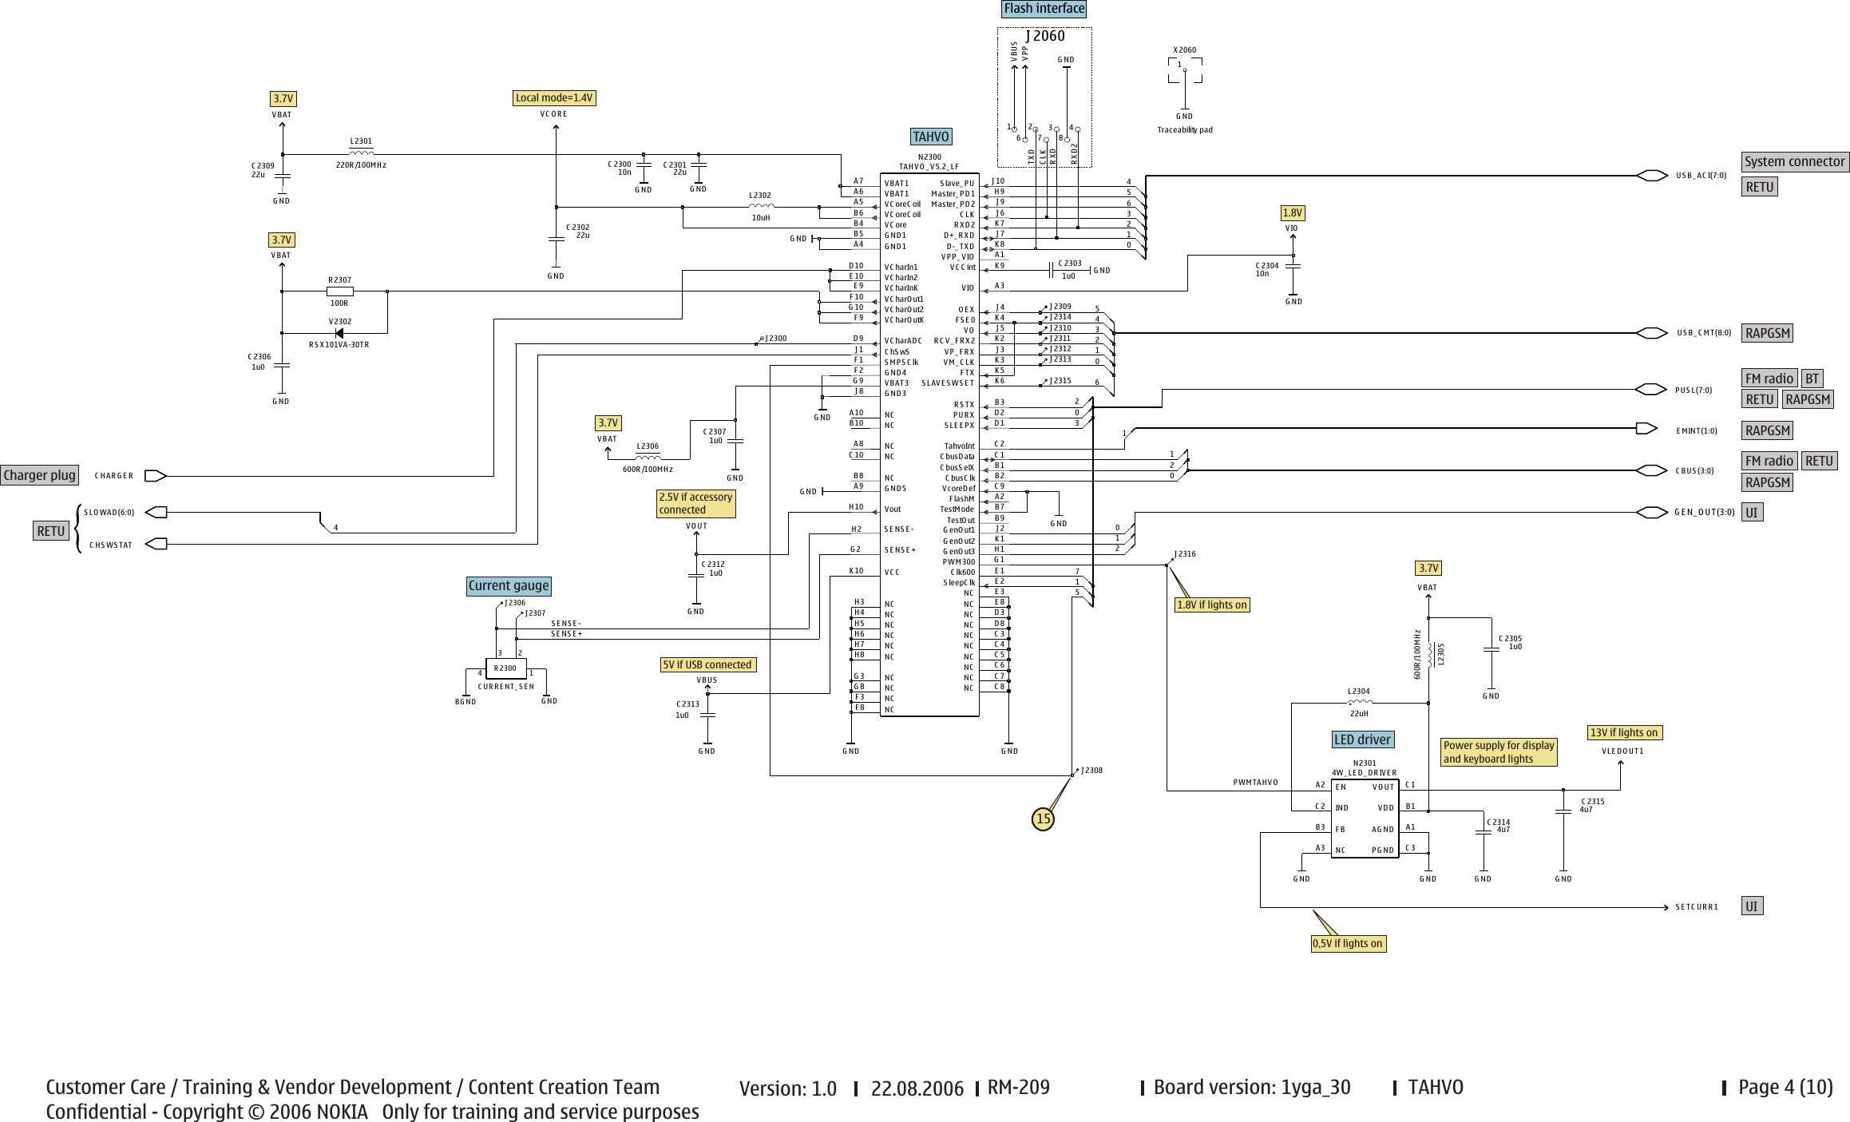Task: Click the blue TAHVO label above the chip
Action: (x=930, y=137)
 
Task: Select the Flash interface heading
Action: (x=1044, y=9)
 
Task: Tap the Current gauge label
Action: (x=509, y=586)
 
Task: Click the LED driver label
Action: (x=1362, y=739)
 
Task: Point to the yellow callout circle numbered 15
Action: (x=1043, y=819)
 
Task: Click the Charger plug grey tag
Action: (x=39, y=476)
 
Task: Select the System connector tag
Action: (x=1794, y=161)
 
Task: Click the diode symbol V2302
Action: (x=339, y=333)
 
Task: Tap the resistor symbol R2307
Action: (x=339, y=291)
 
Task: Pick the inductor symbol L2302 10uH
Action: (x=760, y=207)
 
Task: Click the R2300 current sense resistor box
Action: (x=505, y=668)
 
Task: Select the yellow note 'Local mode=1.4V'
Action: (x=554, y=98)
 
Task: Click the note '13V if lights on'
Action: (x=1624, y=732)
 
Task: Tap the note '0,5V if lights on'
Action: (x=1347, y=944)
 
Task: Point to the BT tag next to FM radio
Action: (x=1812, y=379)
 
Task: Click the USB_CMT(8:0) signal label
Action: (x=1703, y=333)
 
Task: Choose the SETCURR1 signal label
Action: (x=1696, y=907)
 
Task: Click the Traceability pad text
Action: (x=1184, y=130)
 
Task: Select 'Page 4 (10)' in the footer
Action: (x=1785, y=1087)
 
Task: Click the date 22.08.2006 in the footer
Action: (x=917, y=1088)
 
